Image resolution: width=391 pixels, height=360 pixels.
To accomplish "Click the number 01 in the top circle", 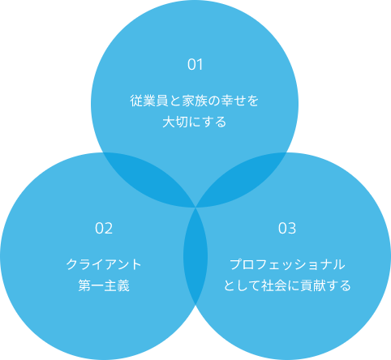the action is [x=195, y=65].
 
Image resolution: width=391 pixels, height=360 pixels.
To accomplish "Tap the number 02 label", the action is [x=104, y=229].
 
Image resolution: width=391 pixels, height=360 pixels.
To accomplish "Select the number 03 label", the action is [x=287, y=229].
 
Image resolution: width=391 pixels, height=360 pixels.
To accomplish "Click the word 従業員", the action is [x=149, y=101].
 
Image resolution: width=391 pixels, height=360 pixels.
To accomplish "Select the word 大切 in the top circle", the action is [x=175, y=122].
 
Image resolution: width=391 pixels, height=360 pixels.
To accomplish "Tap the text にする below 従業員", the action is [x=207, y=122].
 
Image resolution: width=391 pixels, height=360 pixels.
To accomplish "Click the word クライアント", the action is [x=104, y=264].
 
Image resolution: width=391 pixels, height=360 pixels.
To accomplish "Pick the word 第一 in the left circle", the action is [x=91, y=285].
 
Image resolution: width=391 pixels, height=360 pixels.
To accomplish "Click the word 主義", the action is [x=117, y=285].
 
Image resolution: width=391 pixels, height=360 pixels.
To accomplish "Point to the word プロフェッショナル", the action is [x=287, y=264].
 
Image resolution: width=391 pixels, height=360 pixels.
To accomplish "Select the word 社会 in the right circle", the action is [x=274, y=285].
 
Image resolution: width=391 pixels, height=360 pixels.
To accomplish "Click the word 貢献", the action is [x=313, y=285].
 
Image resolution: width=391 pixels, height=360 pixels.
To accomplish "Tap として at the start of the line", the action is [x=242, y=285].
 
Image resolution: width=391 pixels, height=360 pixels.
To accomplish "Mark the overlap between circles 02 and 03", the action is [x=195, y=255].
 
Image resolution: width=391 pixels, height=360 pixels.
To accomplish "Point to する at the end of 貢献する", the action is [x=338, y=285].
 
